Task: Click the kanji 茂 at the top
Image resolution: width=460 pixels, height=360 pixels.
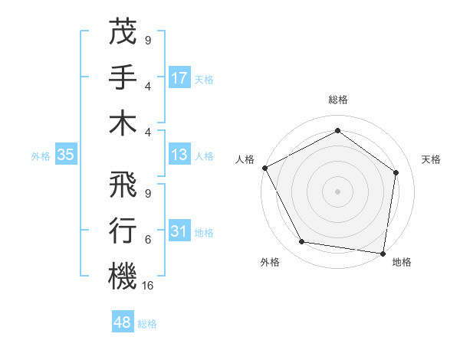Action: pyautogui.click(x=123, y=32)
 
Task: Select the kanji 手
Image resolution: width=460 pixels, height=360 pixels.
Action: pyautogui.click(x=123, y=77)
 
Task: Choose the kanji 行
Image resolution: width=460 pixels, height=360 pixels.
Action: pyautogui.click(x=123, y=231)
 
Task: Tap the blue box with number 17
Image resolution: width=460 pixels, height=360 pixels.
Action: pyautogui.click(x=179, y=77)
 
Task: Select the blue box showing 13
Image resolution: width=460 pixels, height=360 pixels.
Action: pyautogui.click(x=179, y=155)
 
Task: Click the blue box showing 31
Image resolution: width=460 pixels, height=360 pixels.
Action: pyautogui.click(x=179, y=231)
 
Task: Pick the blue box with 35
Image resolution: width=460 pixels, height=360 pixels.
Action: pyautogui.click(x=66, y=155)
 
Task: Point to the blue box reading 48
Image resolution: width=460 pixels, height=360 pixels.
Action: pyautogui.click(x=123, y=322)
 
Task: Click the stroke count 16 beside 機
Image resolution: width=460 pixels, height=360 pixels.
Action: pyautogui.click(x=149, y=286)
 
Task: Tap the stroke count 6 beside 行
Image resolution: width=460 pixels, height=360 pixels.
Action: pyautogui.click(x=147, y=240)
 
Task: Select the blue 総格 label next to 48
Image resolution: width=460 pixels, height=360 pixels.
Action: pyautogui.click(x=147, y=324)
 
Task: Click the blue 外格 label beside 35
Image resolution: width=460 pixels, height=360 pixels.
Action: pyautogui.click(x=41, y=155)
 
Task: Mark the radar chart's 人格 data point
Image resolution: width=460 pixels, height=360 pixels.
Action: pyautogui.click(x=264, y=168)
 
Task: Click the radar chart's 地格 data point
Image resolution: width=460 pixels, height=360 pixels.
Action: pyautogui.click(x=383, y=253)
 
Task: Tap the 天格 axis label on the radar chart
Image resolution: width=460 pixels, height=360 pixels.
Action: pyautogui.click(x=431, y=159)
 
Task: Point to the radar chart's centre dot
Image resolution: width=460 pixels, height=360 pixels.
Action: pyautogui.click(x=337, y=191)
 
